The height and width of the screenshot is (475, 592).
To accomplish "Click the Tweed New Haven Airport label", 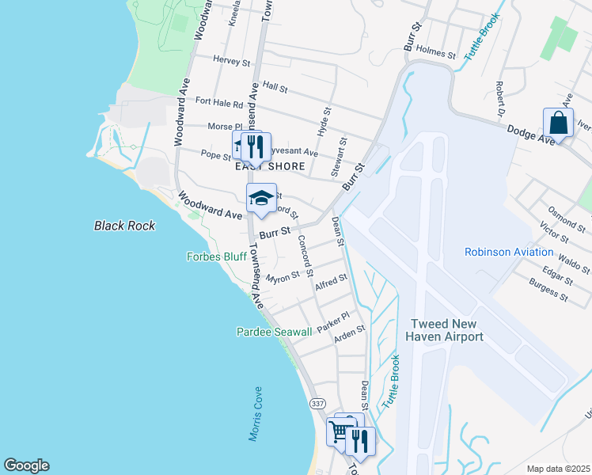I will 446,330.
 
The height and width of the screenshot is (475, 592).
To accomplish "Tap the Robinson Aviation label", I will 509,253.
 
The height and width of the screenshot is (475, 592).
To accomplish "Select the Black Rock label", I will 125,226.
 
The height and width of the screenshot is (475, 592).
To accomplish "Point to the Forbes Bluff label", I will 216,256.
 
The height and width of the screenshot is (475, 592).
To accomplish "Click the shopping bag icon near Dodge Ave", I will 558,123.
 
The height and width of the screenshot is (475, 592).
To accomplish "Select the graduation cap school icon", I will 261,197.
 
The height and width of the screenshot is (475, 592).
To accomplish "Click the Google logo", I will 26,465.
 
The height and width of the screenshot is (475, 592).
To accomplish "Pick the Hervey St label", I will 232,60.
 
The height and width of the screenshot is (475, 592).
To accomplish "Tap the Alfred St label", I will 332,282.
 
